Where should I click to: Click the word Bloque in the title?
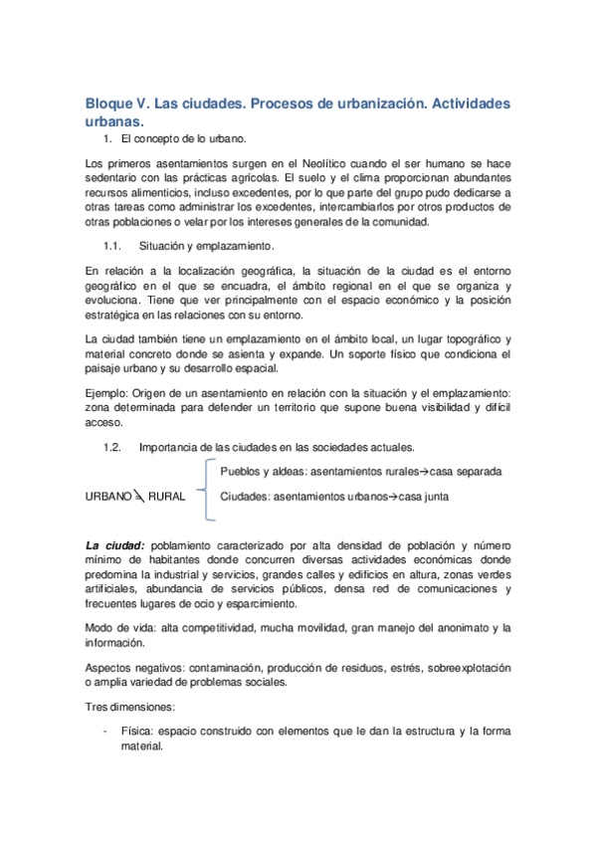click(x=112, y=104)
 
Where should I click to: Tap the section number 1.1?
click(x=112, y=245)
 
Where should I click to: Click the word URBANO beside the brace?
click(x=108, y=495)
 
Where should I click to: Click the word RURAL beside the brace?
click(x=166, y=495)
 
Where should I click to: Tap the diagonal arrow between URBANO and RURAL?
click(x=138, y=495)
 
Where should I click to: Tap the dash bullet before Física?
click(x=106, y=732)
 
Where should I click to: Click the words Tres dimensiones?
click(x=130, y=707)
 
